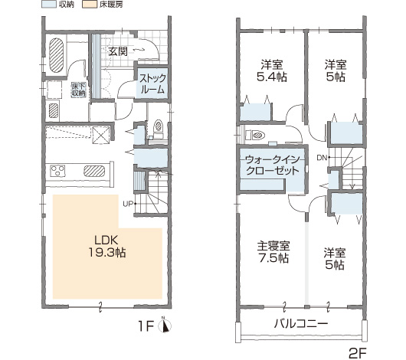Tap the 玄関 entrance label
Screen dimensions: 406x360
point(118,51)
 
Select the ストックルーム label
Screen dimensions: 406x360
point(152,83)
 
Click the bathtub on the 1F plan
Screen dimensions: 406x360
point(56,55)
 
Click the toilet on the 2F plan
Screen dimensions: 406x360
point(255,135)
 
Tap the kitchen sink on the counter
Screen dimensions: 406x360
point(94,171)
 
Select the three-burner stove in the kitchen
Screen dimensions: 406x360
point(57,171)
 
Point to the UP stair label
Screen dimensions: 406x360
point(128,204)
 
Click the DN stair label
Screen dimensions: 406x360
point(322,158)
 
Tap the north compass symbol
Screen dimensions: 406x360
point(165,325)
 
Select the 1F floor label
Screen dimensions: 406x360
point(146,326)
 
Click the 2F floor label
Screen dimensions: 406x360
point(357,352)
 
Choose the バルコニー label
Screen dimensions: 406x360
point(301,323)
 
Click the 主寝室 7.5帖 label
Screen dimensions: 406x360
point(273,252)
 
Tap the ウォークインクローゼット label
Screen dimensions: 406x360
point(273,165)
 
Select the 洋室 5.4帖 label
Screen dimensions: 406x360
point(272,70)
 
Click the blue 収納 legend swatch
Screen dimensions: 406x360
point(49,5)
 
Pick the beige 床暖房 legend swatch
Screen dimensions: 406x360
point(90,5)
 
